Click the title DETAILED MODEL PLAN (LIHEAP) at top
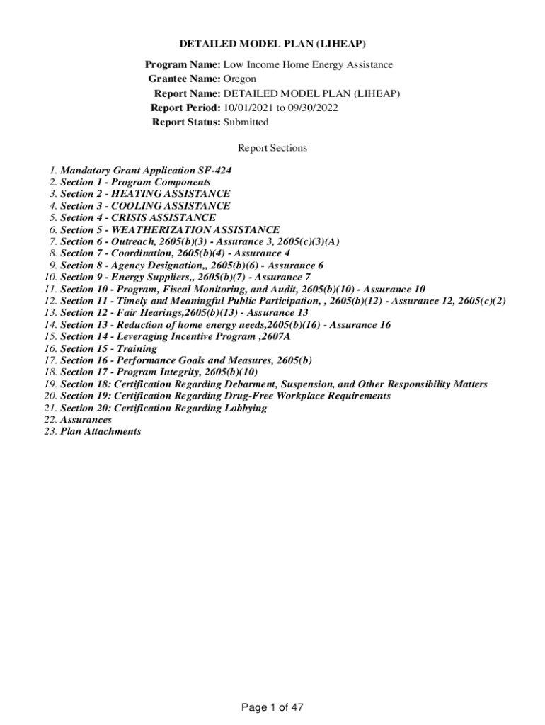click(272, 44)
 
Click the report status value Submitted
click(246, 122)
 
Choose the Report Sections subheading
click(272, 148)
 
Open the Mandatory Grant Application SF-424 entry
click(146, 171)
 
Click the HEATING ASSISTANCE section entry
click(145, 194)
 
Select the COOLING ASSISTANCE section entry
click(145, 206)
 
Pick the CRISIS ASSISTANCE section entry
click(138, 218)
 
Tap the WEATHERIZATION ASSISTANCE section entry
click(170, 230)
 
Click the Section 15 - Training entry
click(108, 348)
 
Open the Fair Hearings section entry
click(184, 313)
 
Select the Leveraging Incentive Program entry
click(175, 337)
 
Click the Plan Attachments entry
click(101, 431)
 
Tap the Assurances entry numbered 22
click(86, 420)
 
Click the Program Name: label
click(183, 65)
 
